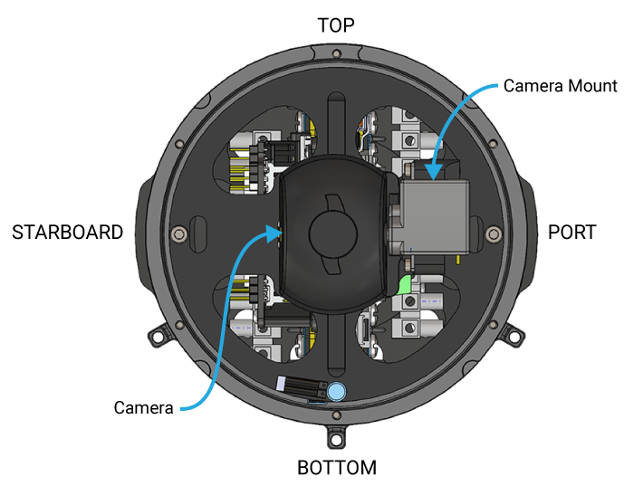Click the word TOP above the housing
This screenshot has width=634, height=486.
click(x=336, y=24)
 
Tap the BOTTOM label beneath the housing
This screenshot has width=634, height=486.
click(x=336, y=467)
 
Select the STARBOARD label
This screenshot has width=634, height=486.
click(x=67, y=233)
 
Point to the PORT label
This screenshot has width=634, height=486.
click(x=572, y=233)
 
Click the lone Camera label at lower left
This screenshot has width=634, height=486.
click(x=143, y=408)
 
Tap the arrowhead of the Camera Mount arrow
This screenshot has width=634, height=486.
click(x=433, y=176)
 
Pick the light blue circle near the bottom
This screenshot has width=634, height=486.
click(x=337, y=391)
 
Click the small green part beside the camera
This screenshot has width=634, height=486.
click(x=405, y=285)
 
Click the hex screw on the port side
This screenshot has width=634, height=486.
click(x=493, y=234)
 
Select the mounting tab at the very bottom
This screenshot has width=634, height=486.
click(x=337, y=438)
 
